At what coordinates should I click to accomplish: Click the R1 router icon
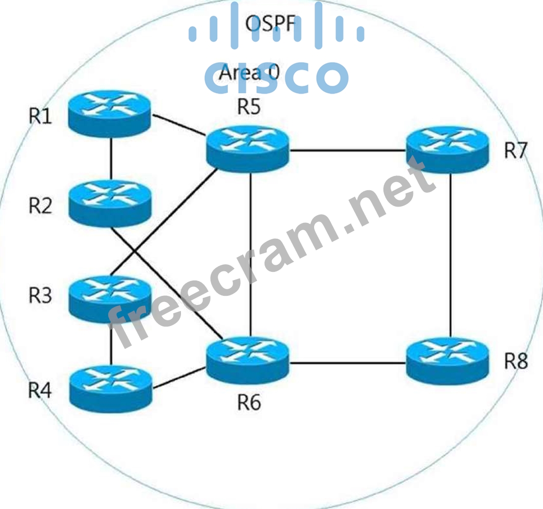pos(110,113)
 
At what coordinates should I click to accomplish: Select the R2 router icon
pos(110,203)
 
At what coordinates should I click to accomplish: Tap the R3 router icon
pos(110,298)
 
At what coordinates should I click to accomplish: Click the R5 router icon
pos(247,148)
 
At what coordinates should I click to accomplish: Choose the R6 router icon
pos(247,361)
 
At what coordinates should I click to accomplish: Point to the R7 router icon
pos(448,149)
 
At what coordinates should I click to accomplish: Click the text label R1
pos(40,117)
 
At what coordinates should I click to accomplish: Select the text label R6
pos(249,402)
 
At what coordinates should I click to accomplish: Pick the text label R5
pos(249,108)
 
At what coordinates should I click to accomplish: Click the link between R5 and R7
pos(347,151)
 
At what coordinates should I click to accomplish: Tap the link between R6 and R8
pos(347,364)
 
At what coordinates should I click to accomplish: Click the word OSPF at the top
pos(270,23)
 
